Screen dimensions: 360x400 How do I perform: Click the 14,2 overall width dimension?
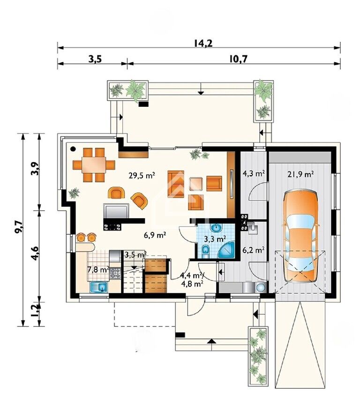pyautogui.click(x=203, y=43)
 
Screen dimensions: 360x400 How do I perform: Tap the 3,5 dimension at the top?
pyautogui.click(x=95, y=59)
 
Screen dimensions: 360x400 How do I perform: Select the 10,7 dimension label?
pyautogui.click(x=238, y=59)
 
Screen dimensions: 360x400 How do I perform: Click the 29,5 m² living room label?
pyautogui.click(x=142, y=175)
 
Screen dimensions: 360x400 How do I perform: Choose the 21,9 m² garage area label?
pyautogui.click(x=300, y=174)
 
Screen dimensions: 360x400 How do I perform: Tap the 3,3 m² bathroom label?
pyautogui.click(x=215, y=239)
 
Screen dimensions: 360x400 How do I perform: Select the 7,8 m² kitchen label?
pyautogui.click(x=98, y=269)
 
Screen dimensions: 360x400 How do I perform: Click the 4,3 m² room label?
pyautogui.click(x=253, y=174)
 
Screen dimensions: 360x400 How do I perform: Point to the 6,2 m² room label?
pyautogui.click(x=253, y=250)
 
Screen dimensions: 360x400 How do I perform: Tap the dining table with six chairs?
pyautogui.click(x=94, y=165)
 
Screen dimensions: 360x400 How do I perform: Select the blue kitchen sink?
pyautogui.click(x=99, y=287)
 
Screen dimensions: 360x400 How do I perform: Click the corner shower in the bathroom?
pyautogui.click(x=227, y=250)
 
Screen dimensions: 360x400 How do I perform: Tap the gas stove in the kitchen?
pyautogui.click(x=115, y=273)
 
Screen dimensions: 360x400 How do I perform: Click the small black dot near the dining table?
pyautogui.click(x=73, y=148)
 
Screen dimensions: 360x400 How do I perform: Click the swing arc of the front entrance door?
pyautogui.click(x=200, y=310)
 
